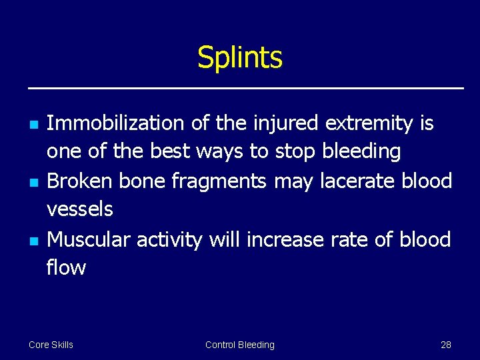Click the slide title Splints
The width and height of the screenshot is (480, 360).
240,58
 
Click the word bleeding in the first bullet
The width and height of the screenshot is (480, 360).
361,152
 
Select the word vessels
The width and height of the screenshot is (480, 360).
79,209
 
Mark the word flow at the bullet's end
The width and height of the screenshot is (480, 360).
66,267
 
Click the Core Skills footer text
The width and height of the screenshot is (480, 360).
51,345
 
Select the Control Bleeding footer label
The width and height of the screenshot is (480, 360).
239,345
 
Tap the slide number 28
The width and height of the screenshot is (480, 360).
446,345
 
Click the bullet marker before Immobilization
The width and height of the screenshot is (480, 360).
32,125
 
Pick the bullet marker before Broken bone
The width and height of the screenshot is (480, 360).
32,182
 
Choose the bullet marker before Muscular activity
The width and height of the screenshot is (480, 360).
32,240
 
